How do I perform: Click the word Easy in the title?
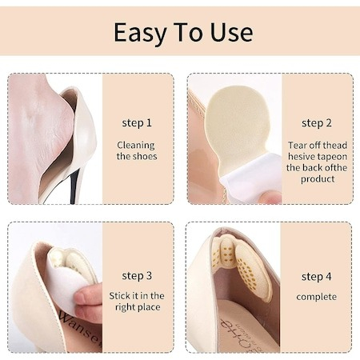click(x=140, y=33)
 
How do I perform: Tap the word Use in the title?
click(x=231, y=32)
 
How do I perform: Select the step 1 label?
click(x=137, y=123)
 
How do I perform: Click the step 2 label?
click(x=317, y=123)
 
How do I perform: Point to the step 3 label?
click(x=137, y=276)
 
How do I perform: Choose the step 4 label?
click(x=317, y=277)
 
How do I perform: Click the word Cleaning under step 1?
click(x=136, y=146)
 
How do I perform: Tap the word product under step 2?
click(x=318, y=179)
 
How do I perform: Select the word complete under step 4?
click(x=317, y=297)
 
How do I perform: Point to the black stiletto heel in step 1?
click(x=74, y=186)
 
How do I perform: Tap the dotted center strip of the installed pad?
click(x=228, y=254)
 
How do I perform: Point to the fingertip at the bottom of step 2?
click(x=270, y=198)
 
